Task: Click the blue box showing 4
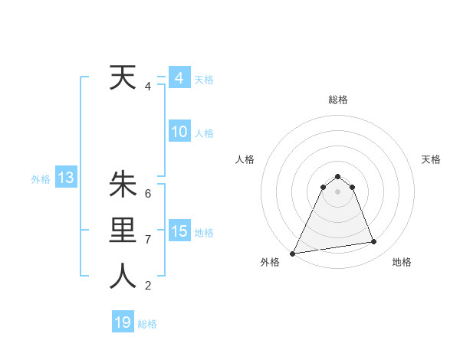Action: (x=179, y=78)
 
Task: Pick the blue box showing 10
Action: (x=179, y=132)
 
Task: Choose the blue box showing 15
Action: (x=179, y=231)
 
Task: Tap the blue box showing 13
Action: (x=65, y=178)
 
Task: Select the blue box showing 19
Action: (x=123, y=322)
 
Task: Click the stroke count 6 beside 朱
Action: (x=147, y=193)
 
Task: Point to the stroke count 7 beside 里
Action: (x=147, y=240)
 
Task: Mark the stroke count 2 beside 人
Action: (x=147, y=286)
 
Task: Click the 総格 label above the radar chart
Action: (x=337, y=100)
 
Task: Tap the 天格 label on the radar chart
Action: (x=431, y=159)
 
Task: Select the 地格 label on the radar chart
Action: (x=402, y=262)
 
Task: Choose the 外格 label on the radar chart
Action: (x=270, y=262)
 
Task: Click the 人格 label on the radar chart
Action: (x=245, y=159)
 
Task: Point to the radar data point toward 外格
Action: (x=293, y=253)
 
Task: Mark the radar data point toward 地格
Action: (x=374, y=242)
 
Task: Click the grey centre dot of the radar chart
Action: (x=337, y=191)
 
